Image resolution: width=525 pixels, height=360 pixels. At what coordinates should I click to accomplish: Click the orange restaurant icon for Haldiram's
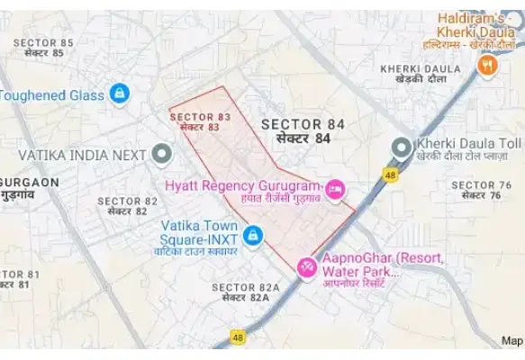click(x=487, y=65)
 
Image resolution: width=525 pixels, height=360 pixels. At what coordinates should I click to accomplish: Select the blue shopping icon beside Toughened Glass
click(x=119, y=93)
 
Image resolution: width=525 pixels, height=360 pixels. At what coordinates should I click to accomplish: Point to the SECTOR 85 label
click(x=42, y=47)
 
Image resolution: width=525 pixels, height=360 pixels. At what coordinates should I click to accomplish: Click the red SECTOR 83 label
click(x=200, y=122)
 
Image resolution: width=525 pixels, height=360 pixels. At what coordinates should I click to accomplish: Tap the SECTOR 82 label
click(x=127, y=206)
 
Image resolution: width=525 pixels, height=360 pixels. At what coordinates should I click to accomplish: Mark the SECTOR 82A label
click(x=246, y=292)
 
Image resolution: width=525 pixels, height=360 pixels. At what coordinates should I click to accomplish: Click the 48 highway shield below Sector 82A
click(x=238, y=337)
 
